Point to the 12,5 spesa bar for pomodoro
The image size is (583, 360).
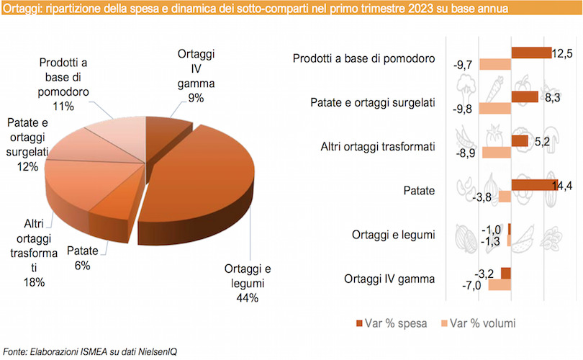(x=530, y=53)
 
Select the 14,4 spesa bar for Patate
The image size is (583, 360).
(x=533, y=184)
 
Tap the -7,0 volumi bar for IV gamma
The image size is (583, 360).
(x=499, y=284)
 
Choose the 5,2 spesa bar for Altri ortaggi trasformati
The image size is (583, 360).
(x=519, y=141)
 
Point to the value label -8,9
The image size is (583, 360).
(x=468, y=153)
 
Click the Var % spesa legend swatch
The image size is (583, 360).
(x=359, y=322)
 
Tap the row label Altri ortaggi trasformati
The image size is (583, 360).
(x=377, y=147)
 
